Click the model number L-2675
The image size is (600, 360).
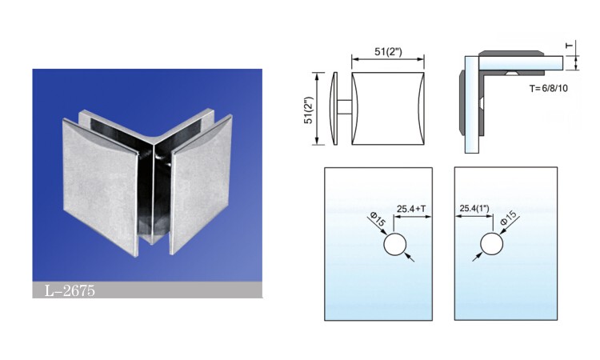pyautogui.click(x=70, y=290)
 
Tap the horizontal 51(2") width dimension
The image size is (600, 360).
pyautogui.click(x=388, y=52)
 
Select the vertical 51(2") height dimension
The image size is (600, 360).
pyautogui.click(x=309, y=110)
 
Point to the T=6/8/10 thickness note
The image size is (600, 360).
pyautogui.click(x=548, y=88)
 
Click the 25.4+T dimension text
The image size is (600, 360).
pyautogui.click(x=411, y=209)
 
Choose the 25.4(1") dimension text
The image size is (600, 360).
pyautogui.click(x=474, y=209)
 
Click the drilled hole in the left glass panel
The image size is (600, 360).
pyautogui.click(x=395, y=244)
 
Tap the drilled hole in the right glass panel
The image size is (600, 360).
pyautogui.click(x=492, y=244)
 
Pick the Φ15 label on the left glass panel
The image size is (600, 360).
pyautogui.click(x=378, y=221)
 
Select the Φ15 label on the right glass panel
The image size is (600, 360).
pyautogui.click(x=509, y=218)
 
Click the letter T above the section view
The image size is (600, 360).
pyautogui.click(x=570, y=46)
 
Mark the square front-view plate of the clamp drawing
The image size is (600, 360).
pyautogui.click(x=388, y=109)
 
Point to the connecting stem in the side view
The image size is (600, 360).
pyautogui.click(x=345, y=107)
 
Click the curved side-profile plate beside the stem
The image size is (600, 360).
pyautogui.click(x=334, y=109)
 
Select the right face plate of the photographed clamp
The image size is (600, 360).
pyautogui.click(x=201, y=184)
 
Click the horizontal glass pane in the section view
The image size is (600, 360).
pyautogui.click(x=521, y=63)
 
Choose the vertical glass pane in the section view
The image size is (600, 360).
pyautogui.click(x=472, y=105)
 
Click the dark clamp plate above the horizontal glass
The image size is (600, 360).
pyautogui.click(x=510, y=53)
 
